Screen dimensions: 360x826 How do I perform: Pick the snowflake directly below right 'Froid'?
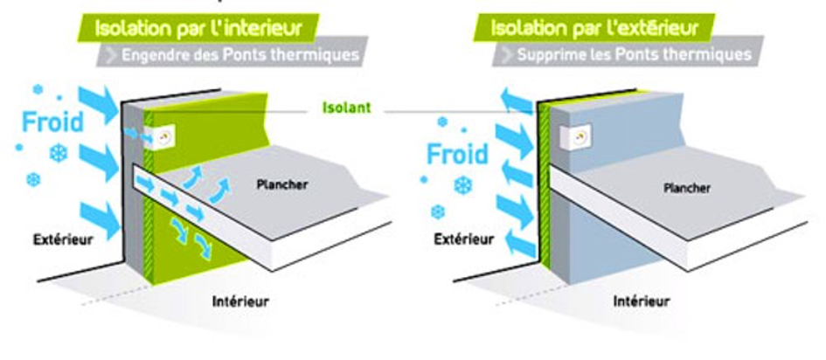coord(462,185)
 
